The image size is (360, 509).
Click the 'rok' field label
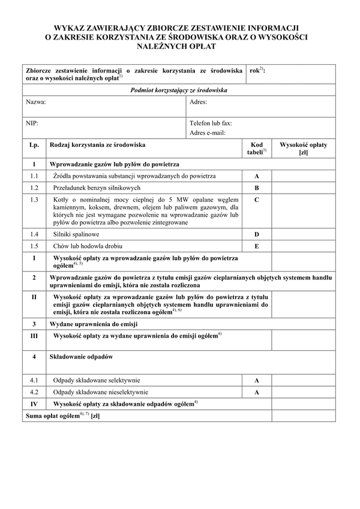coord(256,71)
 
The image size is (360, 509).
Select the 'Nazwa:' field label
coord(36,102)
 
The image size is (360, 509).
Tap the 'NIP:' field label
coord(32,123)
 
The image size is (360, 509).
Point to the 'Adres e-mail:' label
coord(208,132)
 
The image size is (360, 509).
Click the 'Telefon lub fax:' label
coord(211,123)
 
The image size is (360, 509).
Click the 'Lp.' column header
coord(34,145)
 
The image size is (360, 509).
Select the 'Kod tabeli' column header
coord(256,149)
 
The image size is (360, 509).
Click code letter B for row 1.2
coord(256,188)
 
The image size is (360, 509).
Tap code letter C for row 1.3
coord(256,200)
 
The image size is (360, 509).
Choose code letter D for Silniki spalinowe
coord(256,234)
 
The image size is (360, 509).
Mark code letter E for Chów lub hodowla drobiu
coord(256,246)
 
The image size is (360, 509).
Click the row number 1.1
coord(34,176)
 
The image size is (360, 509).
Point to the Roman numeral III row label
coord(34,336)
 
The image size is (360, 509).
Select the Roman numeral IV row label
coord(34,404)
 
